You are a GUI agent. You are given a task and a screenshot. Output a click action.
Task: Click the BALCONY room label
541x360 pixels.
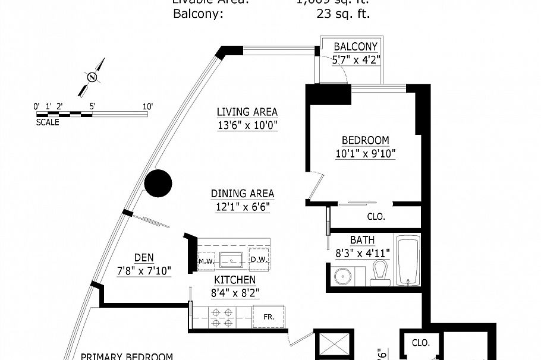click(356, 47)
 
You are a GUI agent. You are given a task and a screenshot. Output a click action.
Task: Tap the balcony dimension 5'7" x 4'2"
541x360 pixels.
click(356, 59)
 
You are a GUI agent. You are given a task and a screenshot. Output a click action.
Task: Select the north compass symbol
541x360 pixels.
click(92, 77)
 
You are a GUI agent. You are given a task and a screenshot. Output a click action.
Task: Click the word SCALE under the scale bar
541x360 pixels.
click(48, 122)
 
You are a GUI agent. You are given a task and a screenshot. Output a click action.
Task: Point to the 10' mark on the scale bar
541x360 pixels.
click(147, 107)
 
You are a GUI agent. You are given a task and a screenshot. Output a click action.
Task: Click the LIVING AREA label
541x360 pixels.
click(247, 112)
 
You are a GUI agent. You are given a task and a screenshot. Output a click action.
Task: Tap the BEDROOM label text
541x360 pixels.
click(365, 140)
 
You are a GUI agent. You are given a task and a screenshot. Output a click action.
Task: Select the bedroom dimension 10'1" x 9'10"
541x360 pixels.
click(365, 153)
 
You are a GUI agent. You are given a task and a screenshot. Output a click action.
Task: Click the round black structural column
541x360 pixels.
click(159, 184)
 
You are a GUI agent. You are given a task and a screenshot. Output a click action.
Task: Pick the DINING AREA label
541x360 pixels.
click(242, 194)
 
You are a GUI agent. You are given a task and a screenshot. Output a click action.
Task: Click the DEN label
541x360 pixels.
click(144, 258)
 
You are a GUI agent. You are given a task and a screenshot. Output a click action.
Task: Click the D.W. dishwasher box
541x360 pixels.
click(259, 260)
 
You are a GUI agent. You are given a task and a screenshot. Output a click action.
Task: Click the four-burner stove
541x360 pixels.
click(221, 317)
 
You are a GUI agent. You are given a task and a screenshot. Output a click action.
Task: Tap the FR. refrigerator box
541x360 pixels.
click(269, 317)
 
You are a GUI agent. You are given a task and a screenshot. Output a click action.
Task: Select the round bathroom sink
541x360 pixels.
click(342, 276)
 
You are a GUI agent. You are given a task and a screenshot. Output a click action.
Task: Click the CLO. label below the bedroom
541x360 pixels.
click(376, 217)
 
